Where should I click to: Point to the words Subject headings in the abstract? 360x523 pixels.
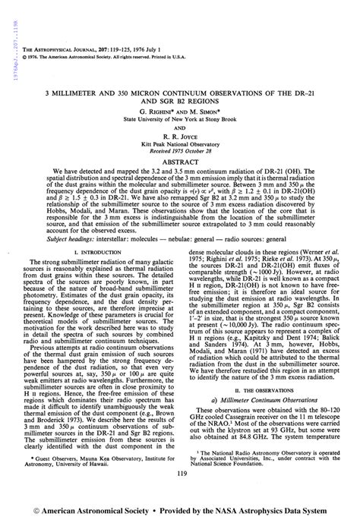(x=69, y=238)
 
